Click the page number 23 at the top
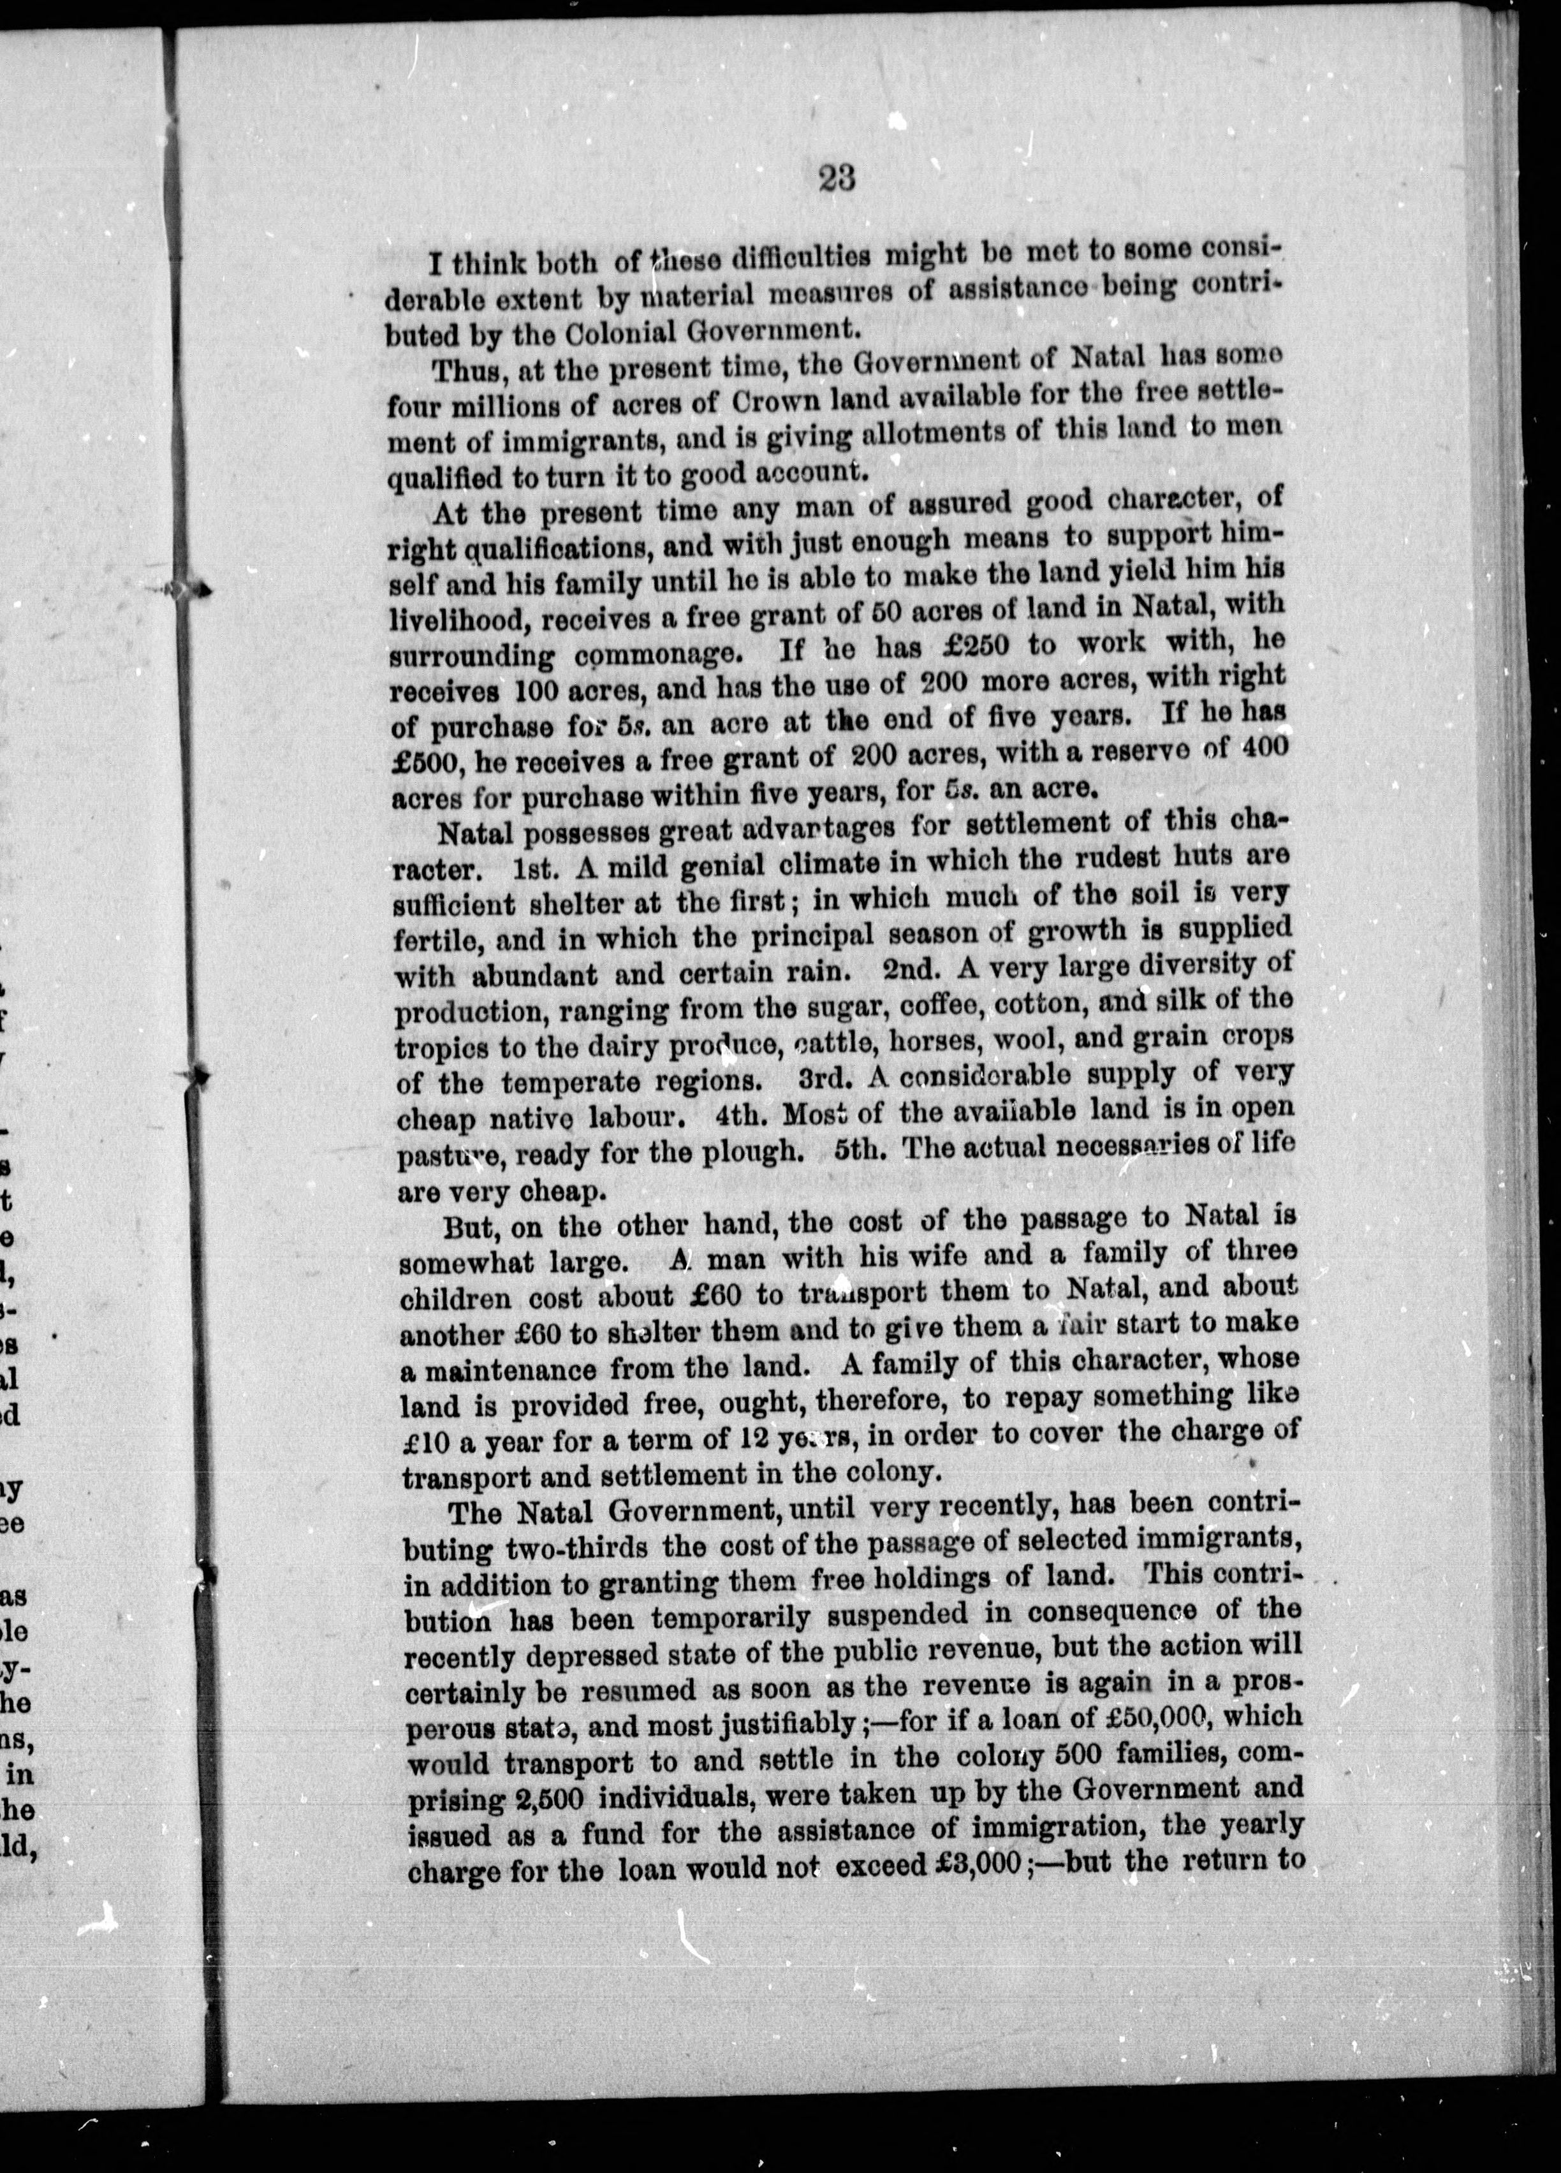pyautogui.click(x=837, y=179)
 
